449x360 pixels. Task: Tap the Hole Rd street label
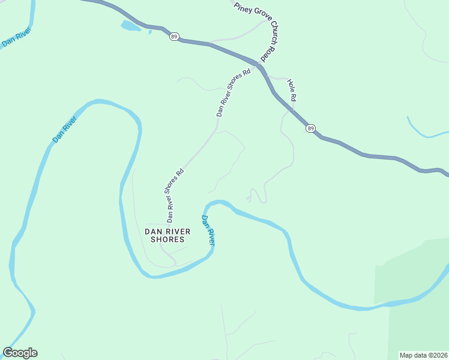pyautogui.click(x=292, y=89)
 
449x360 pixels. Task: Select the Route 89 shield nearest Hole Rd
pyautogui.click(x=310, y=128)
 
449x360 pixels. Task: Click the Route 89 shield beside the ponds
pyautogui.click(x=173, y=37)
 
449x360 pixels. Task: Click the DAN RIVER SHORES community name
pyautogui.click(x=167, y=235)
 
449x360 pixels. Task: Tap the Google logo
pyautogui.click(x=20, y=353)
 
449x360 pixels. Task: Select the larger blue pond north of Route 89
pyautogui.click(x=130, y=26)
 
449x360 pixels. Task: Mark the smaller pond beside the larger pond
pyautogui.click(x=150, y=31)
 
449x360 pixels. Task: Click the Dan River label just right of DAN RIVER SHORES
pyautogui.click(x=208, y=230)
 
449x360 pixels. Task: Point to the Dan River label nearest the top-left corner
pyautogui.click(x=16, y=40)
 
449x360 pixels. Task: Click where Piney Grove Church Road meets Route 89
pyautogui.click(x=259, y=64)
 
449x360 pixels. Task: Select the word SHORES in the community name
pyautogui.click(x=167, y=239)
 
